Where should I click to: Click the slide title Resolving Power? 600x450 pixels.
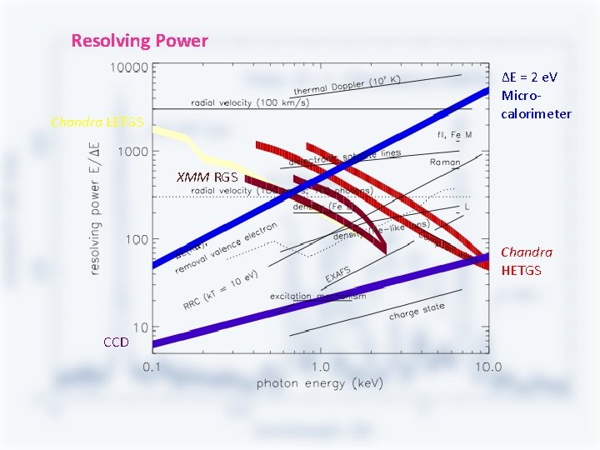[x=139, y=40]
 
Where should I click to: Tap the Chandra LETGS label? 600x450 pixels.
[x=97, y=122]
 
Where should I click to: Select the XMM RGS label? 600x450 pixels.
[x=207, y=177]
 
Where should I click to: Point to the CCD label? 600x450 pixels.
[x=116, y=342]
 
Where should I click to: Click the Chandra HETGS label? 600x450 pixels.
[x=526, y=261]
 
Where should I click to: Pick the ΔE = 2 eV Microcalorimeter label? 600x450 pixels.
[x=536, y=95]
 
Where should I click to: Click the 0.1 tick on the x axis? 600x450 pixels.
[x=151, y=367]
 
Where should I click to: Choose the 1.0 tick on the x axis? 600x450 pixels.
[x=320, y=367]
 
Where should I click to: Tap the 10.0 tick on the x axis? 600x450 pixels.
[x=486, y=367]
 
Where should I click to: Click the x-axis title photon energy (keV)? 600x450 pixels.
[x=319, y=383]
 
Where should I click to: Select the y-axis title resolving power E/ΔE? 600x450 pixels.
[x=97, y=208]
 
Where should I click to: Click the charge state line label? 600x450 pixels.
[x=417, y=312]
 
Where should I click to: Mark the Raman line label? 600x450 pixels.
[x=445, y=162]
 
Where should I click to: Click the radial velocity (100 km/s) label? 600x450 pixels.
[x=249, y=102]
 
